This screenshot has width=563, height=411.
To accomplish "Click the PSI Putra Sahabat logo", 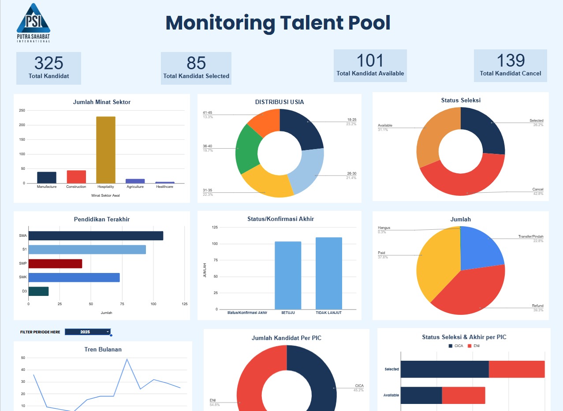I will click(33, 23).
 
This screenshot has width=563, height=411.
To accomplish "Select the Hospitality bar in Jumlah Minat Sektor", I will click(106, 150).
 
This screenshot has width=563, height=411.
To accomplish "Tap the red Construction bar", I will click(76, 177).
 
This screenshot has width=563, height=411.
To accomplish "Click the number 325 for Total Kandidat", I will click(48, 64).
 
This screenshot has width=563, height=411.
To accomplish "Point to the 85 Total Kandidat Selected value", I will click(196, 64).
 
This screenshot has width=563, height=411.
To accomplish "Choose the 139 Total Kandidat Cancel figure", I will click(511, 61).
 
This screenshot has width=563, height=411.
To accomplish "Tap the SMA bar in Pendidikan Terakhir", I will click(95, 235).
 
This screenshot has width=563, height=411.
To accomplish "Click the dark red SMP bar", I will click(55, 264).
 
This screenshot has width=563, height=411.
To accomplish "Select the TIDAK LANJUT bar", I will click(328, 273).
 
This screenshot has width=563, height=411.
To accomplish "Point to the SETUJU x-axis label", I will click(288, 313).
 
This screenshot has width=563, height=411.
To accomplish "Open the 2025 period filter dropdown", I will click(88, 332).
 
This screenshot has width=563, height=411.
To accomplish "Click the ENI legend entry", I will click(474, 346).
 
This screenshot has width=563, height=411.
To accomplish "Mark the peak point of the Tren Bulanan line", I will click(127, 359).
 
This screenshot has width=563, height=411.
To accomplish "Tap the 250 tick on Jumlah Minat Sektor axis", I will click(22, 111).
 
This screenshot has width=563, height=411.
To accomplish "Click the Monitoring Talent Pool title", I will click(278, 23).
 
